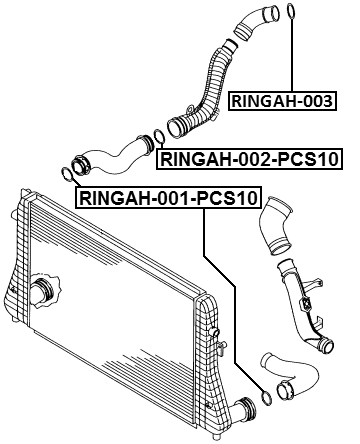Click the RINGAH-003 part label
pyautogui.click(x=281, y=100)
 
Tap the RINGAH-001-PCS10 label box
pyautogui.click(x=165, y=199)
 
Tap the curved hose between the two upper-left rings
pyautogui.click(x=112, y=155)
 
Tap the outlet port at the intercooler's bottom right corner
pyautogui.click(x=240, y=409)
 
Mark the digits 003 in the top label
pyautogui.click(x=315, y=100)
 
